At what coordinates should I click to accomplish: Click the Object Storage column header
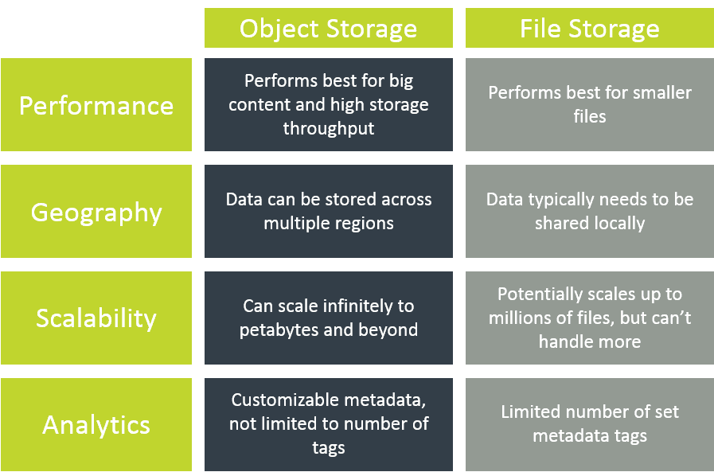[328, 29]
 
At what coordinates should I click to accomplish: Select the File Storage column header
[589, 29]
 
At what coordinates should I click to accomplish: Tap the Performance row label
[96, 105]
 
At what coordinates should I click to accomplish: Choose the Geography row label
[96, 212]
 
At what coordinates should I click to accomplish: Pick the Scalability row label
[96, 318]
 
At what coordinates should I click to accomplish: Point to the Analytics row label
[96, 424]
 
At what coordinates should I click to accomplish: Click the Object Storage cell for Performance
[328, 104]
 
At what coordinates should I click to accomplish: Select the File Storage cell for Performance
[589, 104]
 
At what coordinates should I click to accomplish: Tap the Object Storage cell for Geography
[328, 211]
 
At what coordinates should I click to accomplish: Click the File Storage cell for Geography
[589, 211]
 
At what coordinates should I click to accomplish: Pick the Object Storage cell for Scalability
[328, 318]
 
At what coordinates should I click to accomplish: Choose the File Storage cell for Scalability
[589, 318]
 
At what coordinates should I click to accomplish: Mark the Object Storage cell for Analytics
[328, 424]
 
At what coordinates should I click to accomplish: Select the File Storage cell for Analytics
[589, 424]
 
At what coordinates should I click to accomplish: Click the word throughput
[328, 128]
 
